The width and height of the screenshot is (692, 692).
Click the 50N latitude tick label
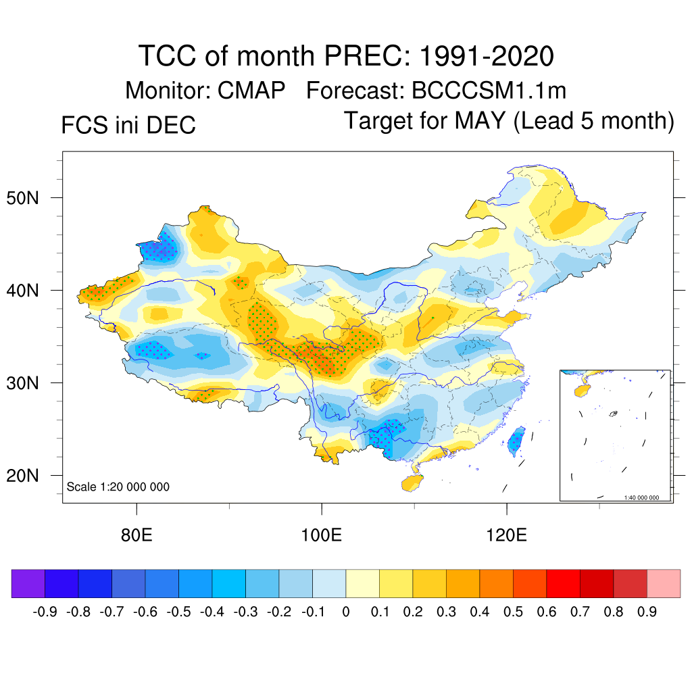click(x=30, y=198)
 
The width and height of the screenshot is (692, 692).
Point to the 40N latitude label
click(x=30, y=291)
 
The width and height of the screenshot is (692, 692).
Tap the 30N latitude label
click(x=30, y=383)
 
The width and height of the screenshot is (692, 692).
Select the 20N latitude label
click(x=30, y=476)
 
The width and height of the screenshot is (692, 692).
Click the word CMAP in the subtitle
click(x=251, y=90)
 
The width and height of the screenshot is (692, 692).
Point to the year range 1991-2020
click(x=487, y=55)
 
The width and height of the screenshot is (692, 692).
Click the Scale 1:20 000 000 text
click(x=118, y=487)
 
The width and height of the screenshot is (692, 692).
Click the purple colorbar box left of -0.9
click(x=28, y=583)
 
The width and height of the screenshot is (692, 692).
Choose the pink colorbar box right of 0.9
click(x=664, y=583)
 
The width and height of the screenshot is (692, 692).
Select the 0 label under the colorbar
click(x=346, y=612)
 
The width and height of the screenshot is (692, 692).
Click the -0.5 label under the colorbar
click(x=178, y=612)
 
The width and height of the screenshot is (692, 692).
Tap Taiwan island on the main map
click(x=517, y=440)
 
